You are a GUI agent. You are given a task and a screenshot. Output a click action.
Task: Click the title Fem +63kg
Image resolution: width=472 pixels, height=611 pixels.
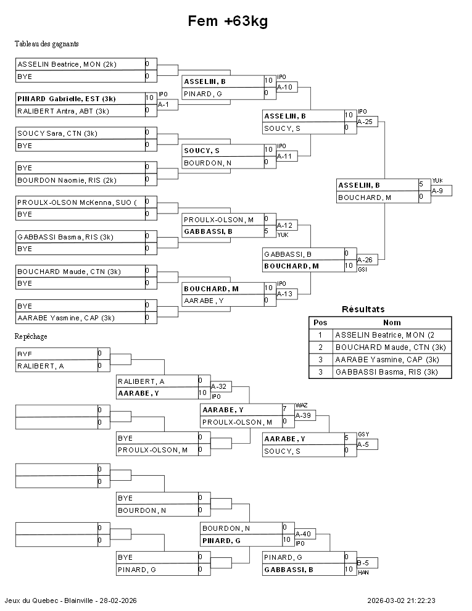(228, 22)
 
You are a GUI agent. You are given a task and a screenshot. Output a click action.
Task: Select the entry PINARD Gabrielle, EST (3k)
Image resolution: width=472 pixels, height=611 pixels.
(67, 99)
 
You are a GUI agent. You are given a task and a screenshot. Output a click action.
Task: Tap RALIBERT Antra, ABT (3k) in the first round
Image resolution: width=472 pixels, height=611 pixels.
(63, 111)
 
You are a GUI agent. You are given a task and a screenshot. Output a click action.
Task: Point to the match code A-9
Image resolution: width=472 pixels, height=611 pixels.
(437, 191)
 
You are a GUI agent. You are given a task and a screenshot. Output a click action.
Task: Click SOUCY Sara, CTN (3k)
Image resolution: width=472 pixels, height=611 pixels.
(57, 133)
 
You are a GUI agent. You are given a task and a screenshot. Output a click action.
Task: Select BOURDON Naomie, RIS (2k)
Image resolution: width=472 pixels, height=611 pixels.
(67, 180)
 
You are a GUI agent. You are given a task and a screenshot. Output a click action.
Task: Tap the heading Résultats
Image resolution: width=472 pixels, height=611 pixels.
(363, 309)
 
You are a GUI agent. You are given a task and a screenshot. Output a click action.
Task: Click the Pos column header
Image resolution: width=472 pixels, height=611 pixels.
(320, 322)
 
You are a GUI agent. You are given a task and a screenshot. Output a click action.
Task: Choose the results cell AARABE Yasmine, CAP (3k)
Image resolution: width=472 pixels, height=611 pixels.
(386, 360)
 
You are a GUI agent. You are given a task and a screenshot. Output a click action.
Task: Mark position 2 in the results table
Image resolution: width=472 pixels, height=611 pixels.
(320, 347)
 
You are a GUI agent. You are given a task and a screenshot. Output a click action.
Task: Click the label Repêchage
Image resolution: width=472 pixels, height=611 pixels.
(31, 336)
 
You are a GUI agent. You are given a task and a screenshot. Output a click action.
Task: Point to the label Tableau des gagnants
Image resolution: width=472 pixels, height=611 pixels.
(46, 44)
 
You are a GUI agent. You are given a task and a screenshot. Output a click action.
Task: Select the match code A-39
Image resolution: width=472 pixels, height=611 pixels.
(303, 416)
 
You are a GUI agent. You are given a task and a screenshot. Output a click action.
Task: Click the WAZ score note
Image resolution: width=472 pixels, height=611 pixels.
(301, 405)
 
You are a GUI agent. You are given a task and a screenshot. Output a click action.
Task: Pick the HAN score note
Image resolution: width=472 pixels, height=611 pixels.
(363, 573)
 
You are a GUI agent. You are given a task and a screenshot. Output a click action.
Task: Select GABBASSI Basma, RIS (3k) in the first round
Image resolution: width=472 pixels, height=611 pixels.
(65, 237)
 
